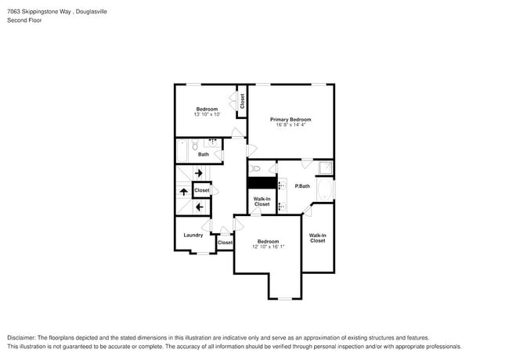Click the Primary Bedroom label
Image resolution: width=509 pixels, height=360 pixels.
click(291, 119)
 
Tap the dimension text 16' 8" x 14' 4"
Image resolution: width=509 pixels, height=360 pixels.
click(291, 124)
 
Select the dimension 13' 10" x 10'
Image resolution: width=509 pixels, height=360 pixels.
click(207, 114)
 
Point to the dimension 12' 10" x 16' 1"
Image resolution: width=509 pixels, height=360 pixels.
click(268, 247)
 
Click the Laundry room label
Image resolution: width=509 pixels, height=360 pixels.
click(193, 235)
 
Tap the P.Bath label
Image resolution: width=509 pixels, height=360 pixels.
click(302, 186)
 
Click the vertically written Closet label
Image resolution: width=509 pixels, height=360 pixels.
click(242, 101)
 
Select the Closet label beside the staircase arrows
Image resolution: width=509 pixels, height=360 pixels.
click(201, 190)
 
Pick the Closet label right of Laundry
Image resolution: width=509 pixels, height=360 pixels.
click(225, 243)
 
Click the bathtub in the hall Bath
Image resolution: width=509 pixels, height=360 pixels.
click(182, 149)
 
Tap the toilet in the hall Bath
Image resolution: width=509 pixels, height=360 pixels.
click(195, 145)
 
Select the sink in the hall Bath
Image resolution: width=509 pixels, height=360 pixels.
click(212, 143)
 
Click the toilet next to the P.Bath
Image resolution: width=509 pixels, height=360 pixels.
click(255, 169)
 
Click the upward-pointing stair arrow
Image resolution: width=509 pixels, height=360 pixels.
click(183, 191)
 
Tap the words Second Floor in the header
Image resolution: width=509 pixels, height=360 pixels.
click(25, 20)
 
